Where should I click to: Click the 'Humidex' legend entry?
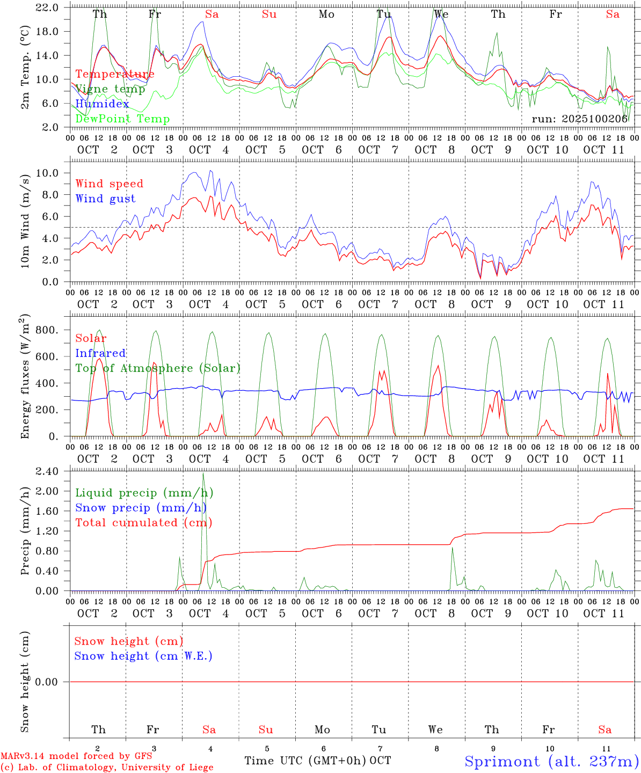click(x=102, y=104)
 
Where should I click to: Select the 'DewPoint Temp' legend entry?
click(x=122, y=119)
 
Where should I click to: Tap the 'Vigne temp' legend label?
click(x=110, y=89)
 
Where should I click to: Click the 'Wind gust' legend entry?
click(x=105, y=199)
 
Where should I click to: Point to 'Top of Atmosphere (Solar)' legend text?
click(x=157, y=368)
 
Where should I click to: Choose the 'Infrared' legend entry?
click(x=100, y=353)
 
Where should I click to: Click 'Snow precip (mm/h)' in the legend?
click(x=141, y=507)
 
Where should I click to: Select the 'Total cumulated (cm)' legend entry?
click(x=143, y=522)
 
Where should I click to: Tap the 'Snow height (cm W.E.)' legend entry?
click(x=143, y=655)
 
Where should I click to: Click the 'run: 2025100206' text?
click(x=579, y=119)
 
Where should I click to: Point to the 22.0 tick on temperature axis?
click(x=48, y=8)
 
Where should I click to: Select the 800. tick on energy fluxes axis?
click(x=47, y=330)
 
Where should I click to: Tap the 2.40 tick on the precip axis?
click(x=47, y=471)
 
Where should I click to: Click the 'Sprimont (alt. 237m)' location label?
click(x=551, y=761)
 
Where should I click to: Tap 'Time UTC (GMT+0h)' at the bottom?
click(x=305, y=760)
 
